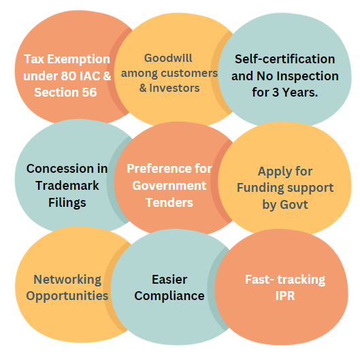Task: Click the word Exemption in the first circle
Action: (x=78, y=60)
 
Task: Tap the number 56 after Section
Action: (x=89, y=93)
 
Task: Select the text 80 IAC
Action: (x=80, y=76)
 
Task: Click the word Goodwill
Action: (x=168, y=58)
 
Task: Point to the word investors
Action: (x=174, y=88)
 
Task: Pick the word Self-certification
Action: (x=284, y=59)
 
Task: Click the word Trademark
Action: (x=67, y=186)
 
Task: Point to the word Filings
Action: (x=67, y=203)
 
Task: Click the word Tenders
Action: (x=169, y=203)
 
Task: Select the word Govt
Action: (x=294, y=205)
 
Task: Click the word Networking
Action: (x=67, y=280)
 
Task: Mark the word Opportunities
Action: (x=67, y=297)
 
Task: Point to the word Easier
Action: (x=169, y=280)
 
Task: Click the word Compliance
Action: (x=169, y=297)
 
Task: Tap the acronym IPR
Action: (x=285, y=296)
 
